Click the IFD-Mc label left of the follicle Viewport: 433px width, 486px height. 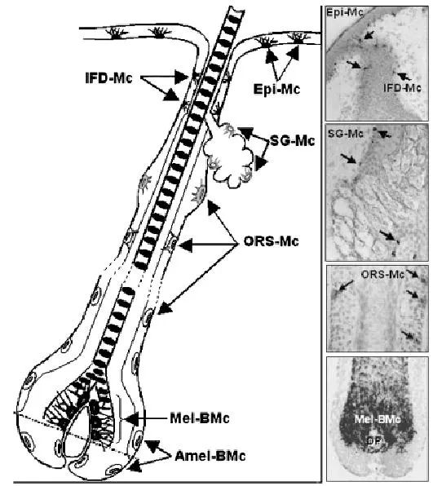(x=108, y=78)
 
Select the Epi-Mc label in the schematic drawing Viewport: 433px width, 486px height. (x=276, y=89)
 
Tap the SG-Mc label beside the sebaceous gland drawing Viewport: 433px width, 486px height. (x=292, y=141)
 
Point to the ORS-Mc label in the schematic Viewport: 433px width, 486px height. (x=272, y=241)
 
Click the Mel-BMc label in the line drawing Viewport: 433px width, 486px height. (x=200, y=418)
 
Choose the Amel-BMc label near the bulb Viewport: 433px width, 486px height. (x=210, y=456)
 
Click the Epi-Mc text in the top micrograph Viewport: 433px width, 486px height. (x=344, y=13)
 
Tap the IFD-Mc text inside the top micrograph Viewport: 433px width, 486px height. (x=402, y=88)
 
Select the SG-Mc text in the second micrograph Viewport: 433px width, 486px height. (x=346, y=134)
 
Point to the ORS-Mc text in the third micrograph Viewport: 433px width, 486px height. (x=382, y=274)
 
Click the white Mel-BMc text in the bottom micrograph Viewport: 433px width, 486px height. (x=378, y=420)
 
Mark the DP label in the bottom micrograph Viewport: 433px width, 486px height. (x=374, y=440)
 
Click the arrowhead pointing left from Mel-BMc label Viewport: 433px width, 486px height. (x=130, y=419)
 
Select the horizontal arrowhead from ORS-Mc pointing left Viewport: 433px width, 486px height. (x=186, y=245)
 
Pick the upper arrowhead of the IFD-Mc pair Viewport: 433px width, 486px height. (x=180, y=77)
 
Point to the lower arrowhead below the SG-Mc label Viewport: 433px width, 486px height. (x=261, y=163)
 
